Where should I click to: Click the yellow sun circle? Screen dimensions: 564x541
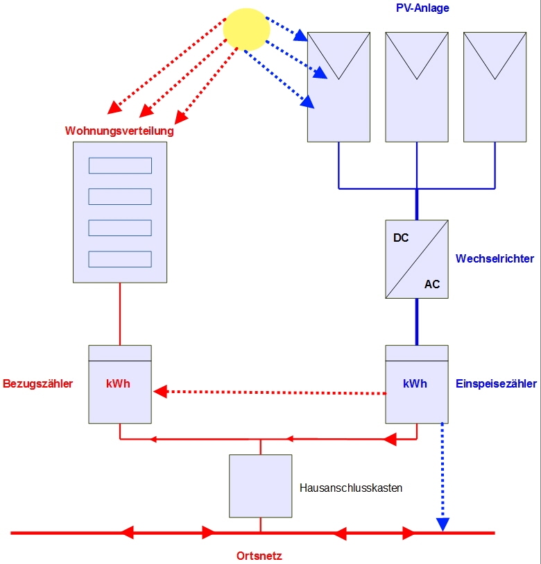click(246, 29)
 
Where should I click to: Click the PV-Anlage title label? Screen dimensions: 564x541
click(422, 8)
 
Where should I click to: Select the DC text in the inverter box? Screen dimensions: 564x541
click(401, 238)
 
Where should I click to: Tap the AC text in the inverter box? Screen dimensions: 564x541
click(432, 284)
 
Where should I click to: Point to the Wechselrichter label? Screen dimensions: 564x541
click(495, 258)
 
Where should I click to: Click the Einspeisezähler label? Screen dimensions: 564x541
click(496, 383)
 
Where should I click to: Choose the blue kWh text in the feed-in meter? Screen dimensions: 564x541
click(415, 383)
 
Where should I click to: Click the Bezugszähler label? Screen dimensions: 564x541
click(38, 383)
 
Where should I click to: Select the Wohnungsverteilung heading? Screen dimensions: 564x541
click(119, 130)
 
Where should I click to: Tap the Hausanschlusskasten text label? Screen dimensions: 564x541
click(351, 488)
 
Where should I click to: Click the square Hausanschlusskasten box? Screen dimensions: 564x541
click(260, 486)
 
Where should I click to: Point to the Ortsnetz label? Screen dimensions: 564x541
click(259, 555)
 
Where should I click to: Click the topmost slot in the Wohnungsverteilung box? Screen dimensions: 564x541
click(120, 165)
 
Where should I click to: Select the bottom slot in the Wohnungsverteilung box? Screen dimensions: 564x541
click(120, 259)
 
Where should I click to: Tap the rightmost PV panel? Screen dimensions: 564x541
click(495, 87)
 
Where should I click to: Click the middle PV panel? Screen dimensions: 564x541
click(416, 87)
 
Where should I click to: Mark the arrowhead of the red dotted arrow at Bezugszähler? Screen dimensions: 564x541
click(160, 392)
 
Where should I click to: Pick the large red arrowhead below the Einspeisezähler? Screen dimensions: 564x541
click(390, 438)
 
